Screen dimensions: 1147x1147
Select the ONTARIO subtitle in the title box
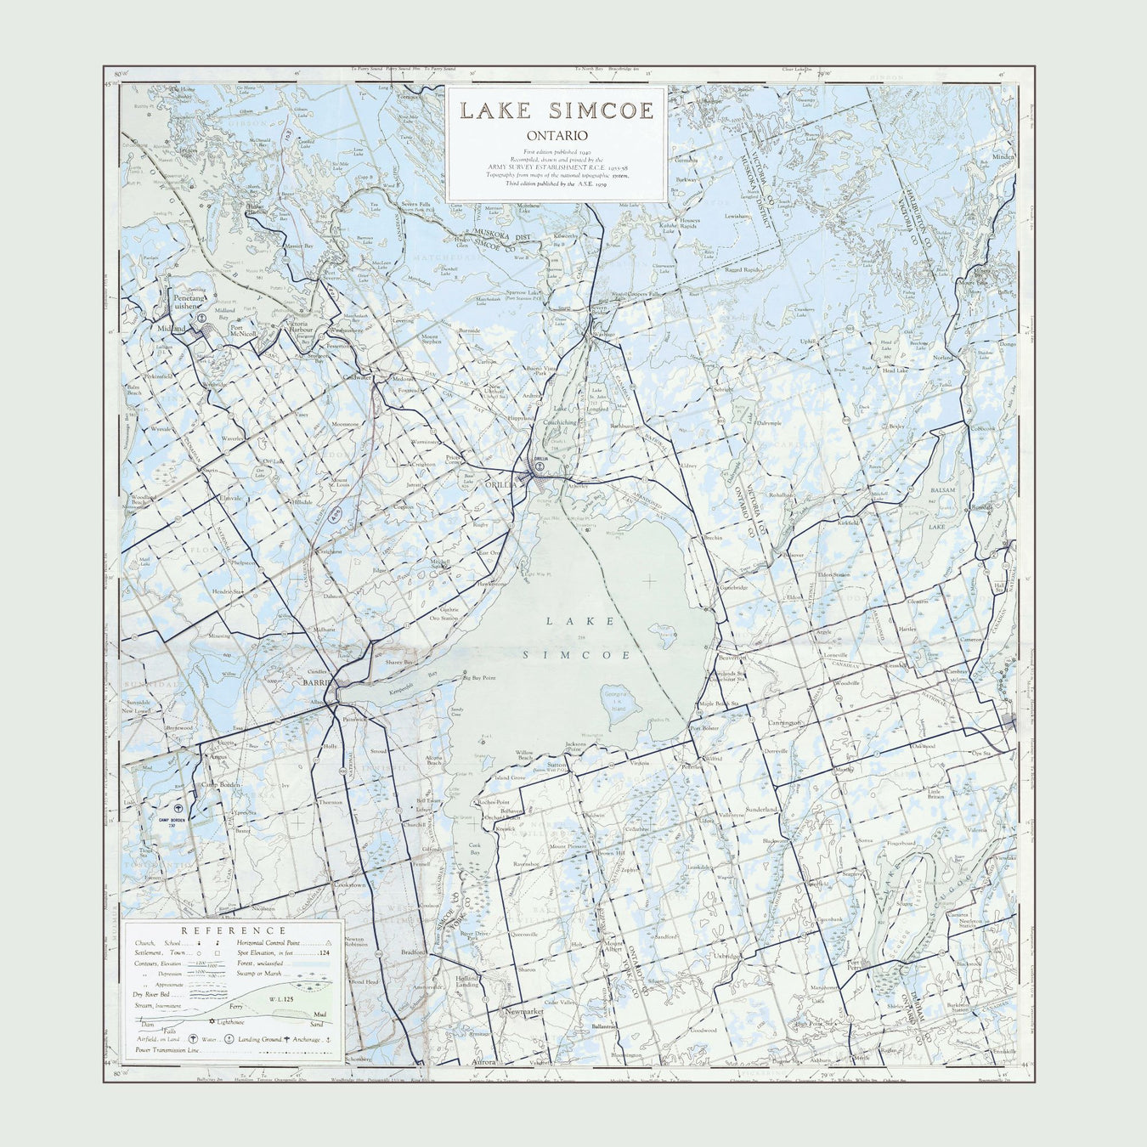(557, 135)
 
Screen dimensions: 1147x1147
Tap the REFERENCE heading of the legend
(234, 931)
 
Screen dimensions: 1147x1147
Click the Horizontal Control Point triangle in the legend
(328, 943)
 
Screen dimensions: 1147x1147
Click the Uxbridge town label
(728, 956)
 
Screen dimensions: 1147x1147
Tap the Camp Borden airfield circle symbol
(178, 809)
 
